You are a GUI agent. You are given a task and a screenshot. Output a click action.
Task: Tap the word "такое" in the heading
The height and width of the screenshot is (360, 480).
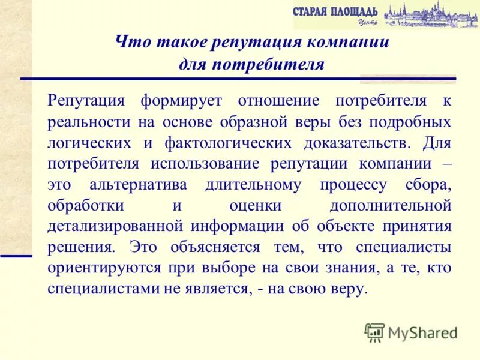170,43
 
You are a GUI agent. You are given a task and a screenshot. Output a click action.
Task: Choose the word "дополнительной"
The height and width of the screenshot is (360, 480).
391,205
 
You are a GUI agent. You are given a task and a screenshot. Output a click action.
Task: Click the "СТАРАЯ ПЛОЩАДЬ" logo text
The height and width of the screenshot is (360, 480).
335,11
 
